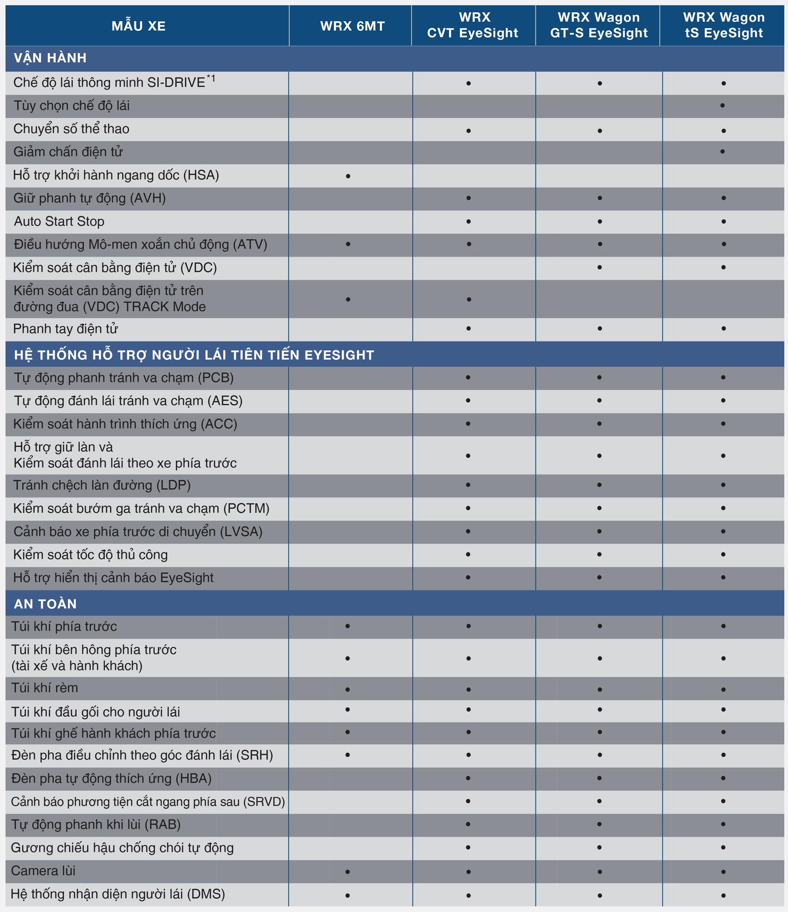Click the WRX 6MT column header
(x=352, y=26)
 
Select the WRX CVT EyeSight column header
(x=473, y=25)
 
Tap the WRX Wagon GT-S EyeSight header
(x=599, y=25)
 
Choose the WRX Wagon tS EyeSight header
(x=723, y=25)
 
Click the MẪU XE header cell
(x=138, y=26)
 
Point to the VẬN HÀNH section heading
(x=50, y=58)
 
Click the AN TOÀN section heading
(x=45, y=604)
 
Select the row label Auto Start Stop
(x=59, y=221)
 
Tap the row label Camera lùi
(x=43, y=871)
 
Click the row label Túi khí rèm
(x=45, y=688)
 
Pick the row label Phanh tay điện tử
(x=66, y=328)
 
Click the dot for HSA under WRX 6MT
(x=348, y=176)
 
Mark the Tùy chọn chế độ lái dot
(x=722, y=105)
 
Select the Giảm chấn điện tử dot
(x=722, y=152)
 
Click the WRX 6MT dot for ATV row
(x=348, y=244)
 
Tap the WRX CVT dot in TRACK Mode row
(x=469, y=299)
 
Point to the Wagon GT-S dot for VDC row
(x=599, y=268)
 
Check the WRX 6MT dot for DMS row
(x=348, y=895)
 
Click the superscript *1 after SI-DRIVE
(x=211, y=78)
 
